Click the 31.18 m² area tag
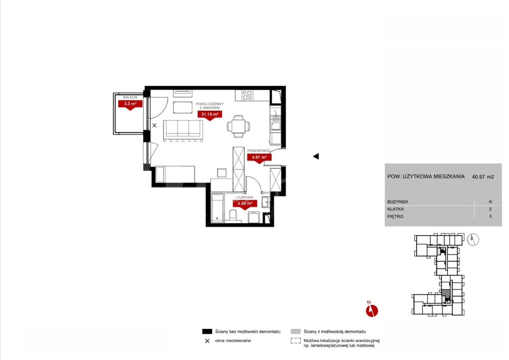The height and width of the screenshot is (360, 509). pyautogui.click(x=210, y=114)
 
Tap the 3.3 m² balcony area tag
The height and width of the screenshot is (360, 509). pyautogui.click(x=130, y=104)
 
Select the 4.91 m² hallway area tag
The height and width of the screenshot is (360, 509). pyautogui.click(x=259, y=157)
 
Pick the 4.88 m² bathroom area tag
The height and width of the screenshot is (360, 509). pyautogui.click(x=245, y=204)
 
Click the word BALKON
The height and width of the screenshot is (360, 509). pyautogui.click(x=130, y=97)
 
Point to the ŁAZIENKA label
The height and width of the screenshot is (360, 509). pyautogui.click(x=244, y=197)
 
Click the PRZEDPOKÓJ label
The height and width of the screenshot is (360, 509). pyautogui.click(x=259, y=151)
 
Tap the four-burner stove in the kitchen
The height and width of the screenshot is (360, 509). pyautogui.click(x=247, y=95)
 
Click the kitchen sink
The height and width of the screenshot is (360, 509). pyautogui.click(x=275, y=123)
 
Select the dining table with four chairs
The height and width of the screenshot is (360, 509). pyautogui.click(x=238, y=126)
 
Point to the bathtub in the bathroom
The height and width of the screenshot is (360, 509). pyautogui.click(x=218, y=208)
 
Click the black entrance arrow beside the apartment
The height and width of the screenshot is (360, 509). pyautogui.click(x=316, y=156)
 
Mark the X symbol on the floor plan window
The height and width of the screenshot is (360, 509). pyautogui.click(x=154, y=126)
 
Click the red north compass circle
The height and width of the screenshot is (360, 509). pyautogui.click(x=372, y=311)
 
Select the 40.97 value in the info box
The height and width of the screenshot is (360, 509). pyautogui.click(x=478, y=177)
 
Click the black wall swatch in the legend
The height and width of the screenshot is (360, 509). pyautogui.click(x=207, y=332)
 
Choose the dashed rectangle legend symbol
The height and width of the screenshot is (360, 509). pyautogui.click(x=296, y=341)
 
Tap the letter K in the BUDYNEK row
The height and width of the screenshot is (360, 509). pyautogui.click(x=490, y=202)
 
